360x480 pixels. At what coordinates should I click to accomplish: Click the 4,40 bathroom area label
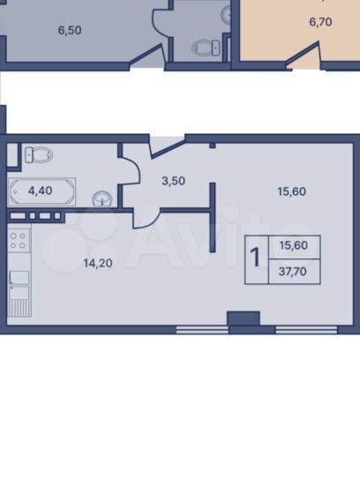40,191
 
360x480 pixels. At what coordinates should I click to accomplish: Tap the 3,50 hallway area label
173,181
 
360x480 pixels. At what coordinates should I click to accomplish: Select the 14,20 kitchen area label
98,263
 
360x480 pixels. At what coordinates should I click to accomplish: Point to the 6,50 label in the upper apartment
70,30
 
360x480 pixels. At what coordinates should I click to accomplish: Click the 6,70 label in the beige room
321,22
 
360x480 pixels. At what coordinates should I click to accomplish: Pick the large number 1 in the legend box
255,257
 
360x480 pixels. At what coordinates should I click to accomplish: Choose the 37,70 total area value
293,272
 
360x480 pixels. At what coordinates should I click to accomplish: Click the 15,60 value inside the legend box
294,245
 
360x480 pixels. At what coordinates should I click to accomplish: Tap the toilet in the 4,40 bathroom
39,154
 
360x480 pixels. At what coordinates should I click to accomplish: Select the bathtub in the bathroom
42,192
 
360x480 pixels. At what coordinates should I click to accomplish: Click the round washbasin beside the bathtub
101,199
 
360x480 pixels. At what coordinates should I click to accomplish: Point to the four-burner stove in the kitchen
19,241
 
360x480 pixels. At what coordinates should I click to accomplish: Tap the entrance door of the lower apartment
168,148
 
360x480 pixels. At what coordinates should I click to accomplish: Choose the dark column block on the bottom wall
244,319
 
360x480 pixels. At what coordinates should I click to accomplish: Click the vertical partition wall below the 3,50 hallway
213,217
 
